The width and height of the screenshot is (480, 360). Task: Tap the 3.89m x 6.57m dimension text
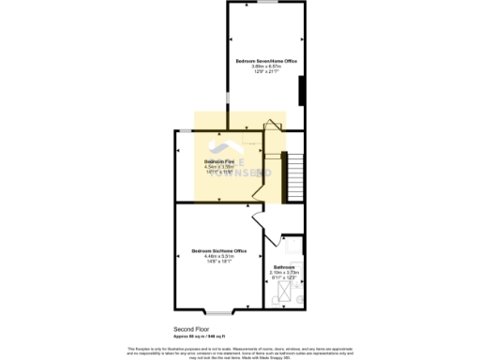[265, 67]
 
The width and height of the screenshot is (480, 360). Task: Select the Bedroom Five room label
[219, 161]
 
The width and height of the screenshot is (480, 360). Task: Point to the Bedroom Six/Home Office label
[219, 250]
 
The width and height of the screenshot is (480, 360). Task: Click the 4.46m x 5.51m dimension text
[219, 257]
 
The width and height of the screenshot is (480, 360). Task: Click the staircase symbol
[293, 172]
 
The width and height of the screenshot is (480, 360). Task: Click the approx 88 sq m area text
[198, 335]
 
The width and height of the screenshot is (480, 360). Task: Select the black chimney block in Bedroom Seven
[301, 92]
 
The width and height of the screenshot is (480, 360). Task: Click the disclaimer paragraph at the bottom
[240, 352]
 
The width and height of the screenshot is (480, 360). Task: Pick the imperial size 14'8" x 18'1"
[219, 262]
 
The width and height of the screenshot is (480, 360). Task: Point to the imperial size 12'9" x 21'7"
[265, 72]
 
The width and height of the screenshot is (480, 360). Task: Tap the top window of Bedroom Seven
[266, 3]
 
